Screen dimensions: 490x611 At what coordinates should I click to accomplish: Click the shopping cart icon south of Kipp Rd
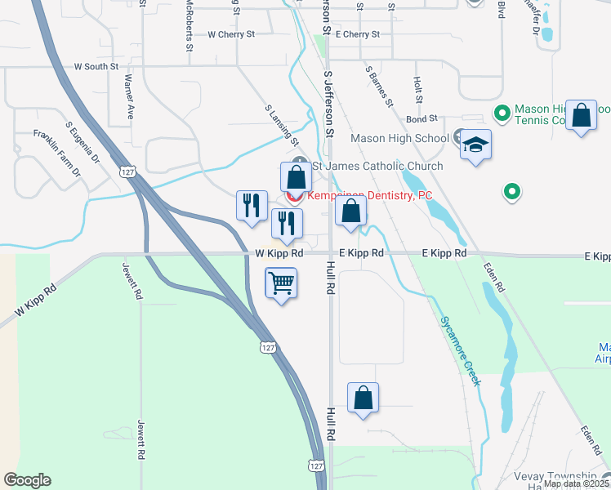(281, 284)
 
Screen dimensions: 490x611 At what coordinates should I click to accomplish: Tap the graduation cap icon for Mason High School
(475, 145)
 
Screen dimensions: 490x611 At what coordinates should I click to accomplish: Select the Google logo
(27, 480)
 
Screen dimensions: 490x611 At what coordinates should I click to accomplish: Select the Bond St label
(423, 118)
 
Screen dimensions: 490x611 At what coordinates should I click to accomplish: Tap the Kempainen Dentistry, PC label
(369, 196)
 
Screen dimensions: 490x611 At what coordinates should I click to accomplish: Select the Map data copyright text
(576, 483)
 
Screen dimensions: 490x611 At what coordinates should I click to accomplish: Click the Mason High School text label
(399, 138)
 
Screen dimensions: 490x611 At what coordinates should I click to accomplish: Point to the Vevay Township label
(555, 476)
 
